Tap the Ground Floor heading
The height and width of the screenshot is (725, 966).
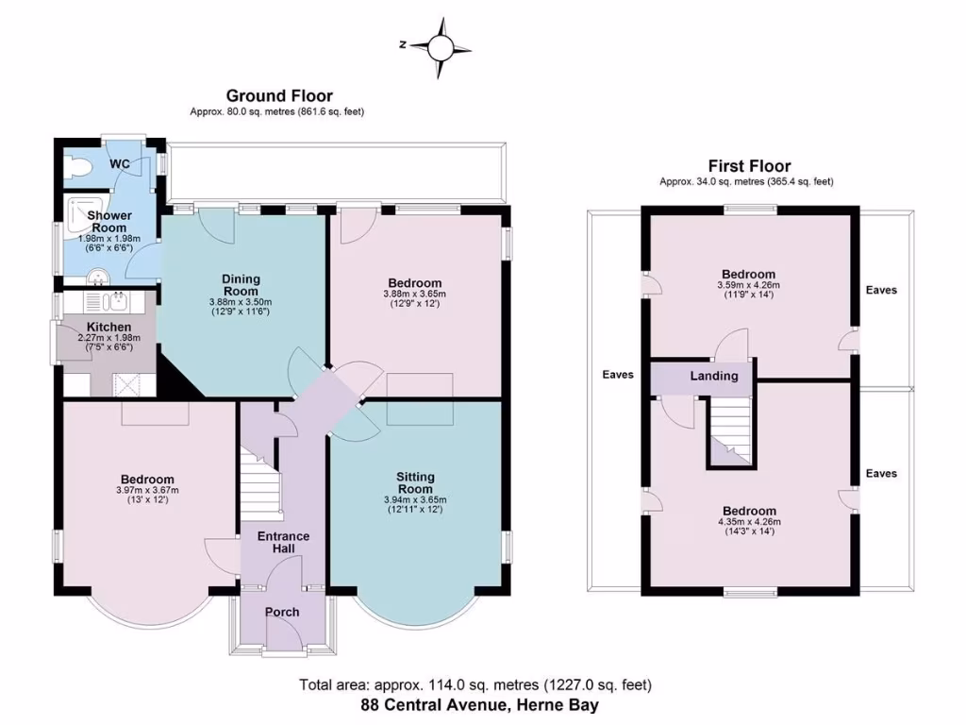coord(278,95)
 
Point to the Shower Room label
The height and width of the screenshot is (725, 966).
coord(108,221)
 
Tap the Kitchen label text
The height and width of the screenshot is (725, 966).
coord(109,327)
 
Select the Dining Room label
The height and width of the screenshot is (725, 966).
coord(240,284)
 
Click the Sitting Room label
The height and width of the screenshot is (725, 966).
coord(415,482)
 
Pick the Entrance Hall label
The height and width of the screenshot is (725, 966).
coord(283,542)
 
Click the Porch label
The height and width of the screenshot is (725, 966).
coord(282,612)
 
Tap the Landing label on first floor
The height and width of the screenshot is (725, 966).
coord(714,376)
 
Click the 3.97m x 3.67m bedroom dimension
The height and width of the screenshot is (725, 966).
coord(146,490)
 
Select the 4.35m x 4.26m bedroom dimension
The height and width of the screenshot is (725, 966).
coord(750,521)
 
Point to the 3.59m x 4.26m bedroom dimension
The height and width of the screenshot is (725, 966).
coord(750,284)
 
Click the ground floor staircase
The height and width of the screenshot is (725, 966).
coord(260,481)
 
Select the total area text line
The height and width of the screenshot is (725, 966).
coord(475,685)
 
